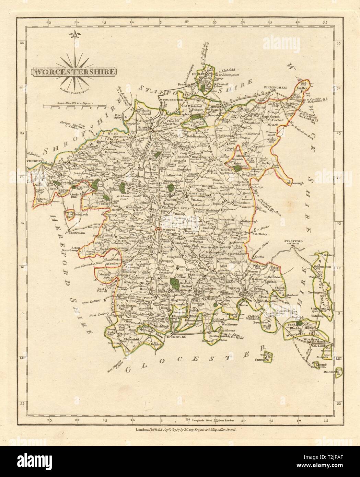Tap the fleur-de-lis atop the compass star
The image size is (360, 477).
point(73,35)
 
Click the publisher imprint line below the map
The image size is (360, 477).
point(180,424)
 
